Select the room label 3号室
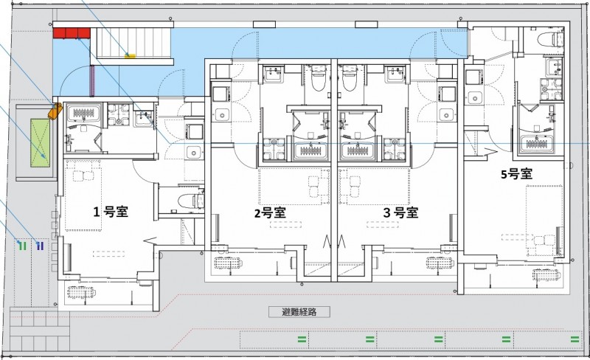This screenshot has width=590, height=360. point(401,212)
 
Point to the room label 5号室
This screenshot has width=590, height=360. point(516,174)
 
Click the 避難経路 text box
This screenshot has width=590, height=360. point(299,312)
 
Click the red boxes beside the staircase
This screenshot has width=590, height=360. point(72,32)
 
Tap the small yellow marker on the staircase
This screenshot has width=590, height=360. point(131,54)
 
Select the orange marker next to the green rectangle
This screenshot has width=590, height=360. point(54,112)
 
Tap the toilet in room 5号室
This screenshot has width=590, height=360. point(549,41)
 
